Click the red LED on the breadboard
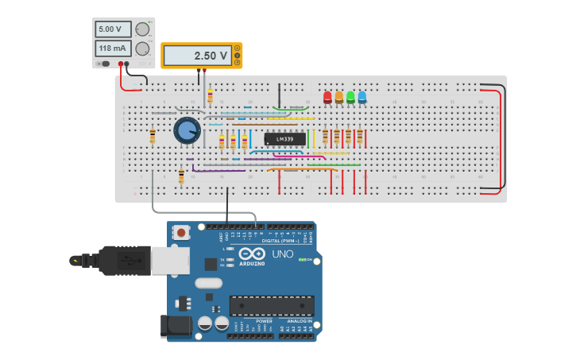(327, 97)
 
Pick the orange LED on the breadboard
(339, 97)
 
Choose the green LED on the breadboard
(350, 97)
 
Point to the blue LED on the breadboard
(362, 97)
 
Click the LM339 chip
(284, 139)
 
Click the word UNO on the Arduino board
(283, 254)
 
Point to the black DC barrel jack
(175, 326)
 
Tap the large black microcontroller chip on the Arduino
(272, 305)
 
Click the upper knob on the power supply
(143, 29)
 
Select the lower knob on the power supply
(143, 48)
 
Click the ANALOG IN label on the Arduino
(298, 321)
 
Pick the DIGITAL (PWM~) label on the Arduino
(282, 240)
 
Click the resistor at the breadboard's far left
(153, 136)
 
